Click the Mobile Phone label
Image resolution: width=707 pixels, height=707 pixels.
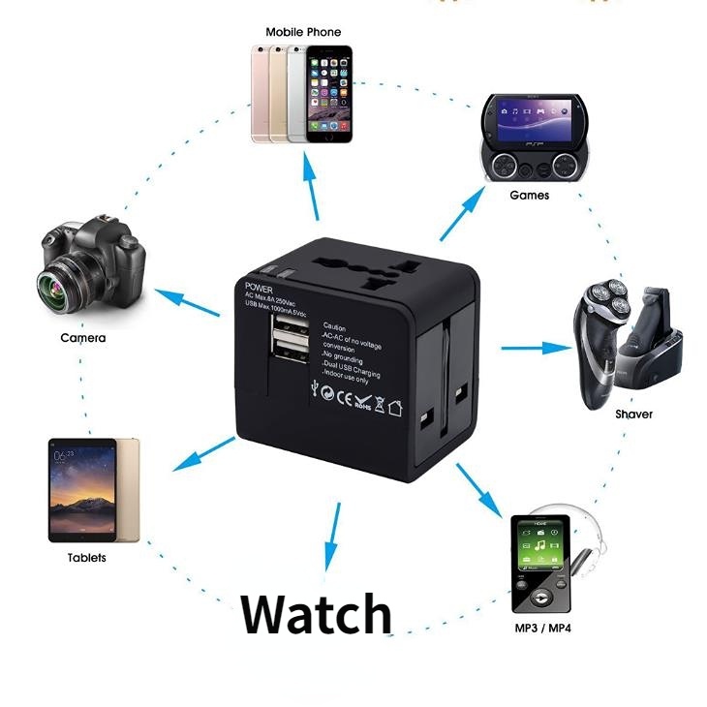tap(303, 32)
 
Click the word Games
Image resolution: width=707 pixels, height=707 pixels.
tap(529, 195)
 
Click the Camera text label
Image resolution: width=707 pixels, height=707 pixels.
tap(83, 338)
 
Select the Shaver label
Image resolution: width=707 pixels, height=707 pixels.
tap(633, 415)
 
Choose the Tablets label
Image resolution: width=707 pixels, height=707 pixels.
tap(87, 558)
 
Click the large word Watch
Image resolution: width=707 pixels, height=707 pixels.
tap(316, 613)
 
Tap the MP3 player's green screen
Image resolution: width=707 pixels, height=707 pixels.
tap(541, 547)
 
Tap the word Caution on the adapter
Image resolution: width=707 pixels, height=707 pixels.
tap(334, 327)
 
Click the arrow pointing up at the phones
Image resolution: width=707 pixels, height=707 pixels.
tap(313, 184)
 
